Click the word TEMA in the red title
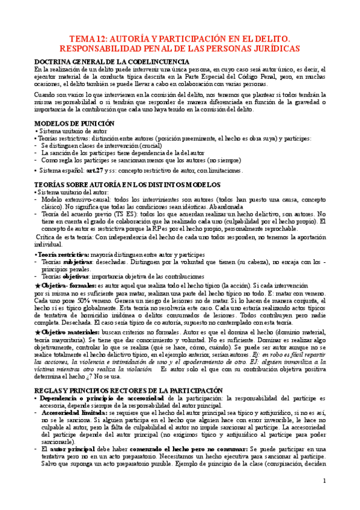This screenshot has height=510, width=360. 82,37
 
